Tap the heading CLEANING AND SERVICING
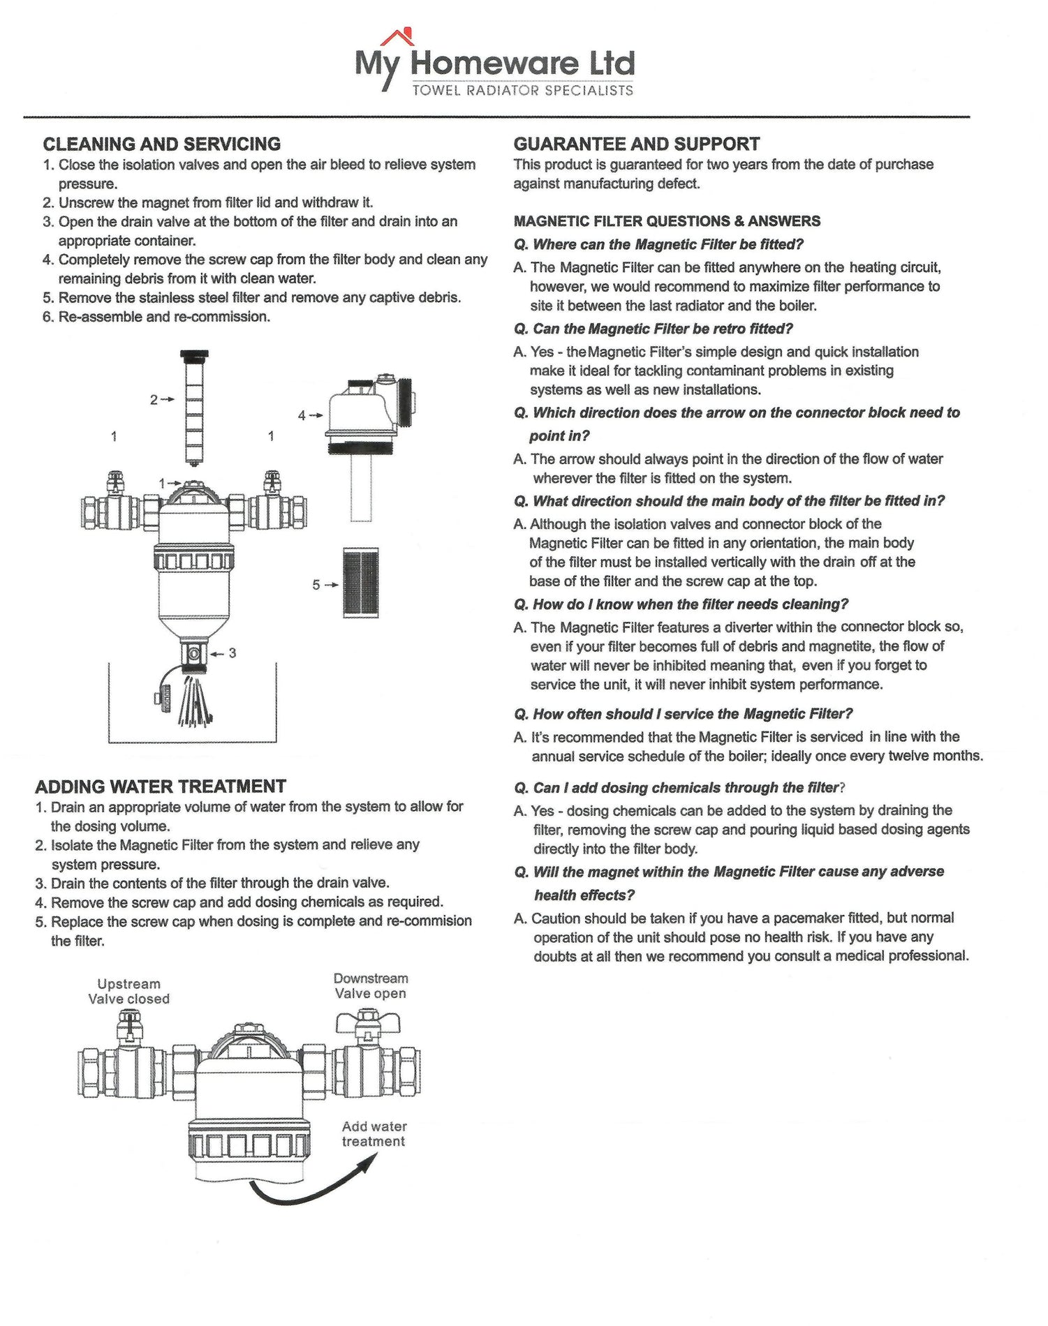coord(162,144)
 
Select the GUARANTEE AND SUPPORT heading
coord(636,144)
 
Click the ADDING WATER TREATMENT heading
coord(161,787)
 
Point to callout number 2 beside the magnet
coord(154,400)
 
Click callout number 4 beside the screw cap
coord(302,416)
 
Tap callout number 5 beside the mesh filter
coord(316,585)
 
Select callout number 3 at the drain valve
coord(232,653)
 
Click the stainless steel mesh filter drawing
coord(361,583)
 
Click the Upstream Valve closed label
coord(129,991)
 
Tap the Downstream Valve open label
coord(371,986)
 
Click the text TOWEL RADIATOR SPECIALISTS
coord(522,90)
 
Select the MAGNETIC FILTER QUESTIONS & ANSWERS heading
coord(667,221)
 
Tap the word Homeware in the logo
coord(494,64)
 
